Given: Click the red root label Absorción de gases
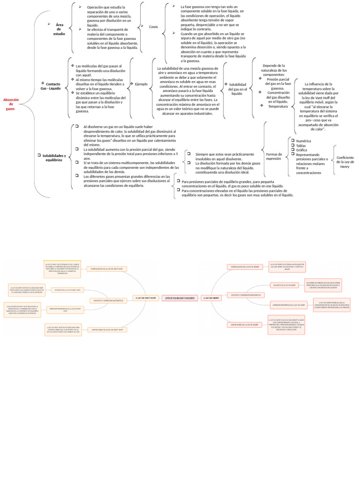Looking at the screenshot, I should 11,104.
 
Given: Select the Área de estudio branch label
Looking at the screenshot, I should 59,29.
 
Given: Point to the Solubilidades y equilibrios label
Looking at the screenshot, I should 54,157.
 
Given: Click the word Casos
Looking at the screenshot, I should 153,27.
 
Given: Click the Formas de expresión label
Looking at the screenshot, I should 274,156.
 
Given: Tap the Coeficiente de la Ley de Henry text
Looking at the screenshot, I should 345,162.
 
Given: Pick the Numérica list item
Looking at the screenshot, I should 304,141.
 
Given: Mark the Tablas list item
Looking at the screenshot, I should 301,145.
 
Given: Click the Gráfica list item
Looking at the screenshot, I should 302,150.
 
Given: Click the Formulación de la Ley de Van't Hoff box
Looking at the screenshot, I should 107,269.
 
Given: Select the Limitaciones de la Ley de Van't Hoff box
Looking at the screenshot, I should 107,330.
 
